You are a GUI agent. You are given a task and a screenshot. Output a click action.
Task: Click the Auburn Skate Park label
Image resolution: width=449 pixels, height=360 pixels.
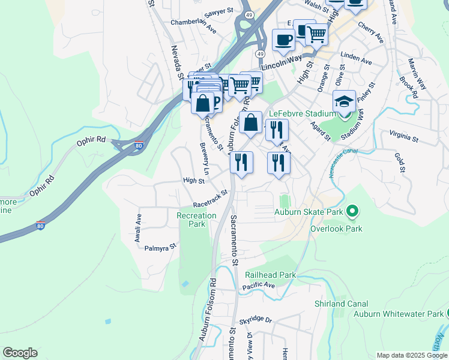[309, 211]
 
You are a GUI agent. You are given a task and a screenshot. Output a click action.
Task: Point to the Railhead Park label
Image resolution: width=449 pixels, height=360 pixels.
[270, 275]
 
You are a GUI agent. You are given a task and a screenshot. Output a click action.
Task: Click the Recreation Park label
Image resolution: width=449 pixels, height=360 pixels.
[196, 220]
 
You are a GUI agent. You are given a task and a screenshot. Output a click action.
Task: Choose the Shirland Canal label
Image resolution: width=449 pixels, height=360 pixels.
[339, 304]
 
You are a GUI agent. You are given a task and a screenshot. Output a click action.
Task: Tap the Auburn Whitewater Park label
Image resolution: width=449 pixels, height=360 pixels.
[397, 314]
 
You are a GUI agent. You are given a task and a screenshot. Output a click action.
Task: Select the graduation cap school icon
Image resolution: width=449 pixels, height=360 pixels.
[345, 101]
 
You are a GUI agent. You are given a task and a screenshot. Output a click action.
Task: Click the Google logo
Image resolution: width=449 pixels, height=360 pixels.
[20, 353]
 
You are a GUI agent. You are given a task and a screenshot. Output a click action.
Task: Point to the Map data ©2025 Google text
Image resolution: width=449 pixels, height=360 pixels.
[412, 355]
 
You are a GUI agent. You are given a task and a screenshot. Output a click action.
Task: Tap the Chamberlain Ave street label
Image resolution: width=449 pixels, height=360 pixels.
[193, 25]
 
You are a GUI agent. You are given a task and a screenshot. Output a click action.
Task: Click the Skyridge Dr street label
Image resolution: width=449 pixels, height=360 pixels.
[255, 322]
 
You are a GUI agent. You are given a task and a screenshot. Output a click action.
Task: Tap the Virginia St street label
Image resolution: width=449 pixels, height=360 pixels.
[403, 137]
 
